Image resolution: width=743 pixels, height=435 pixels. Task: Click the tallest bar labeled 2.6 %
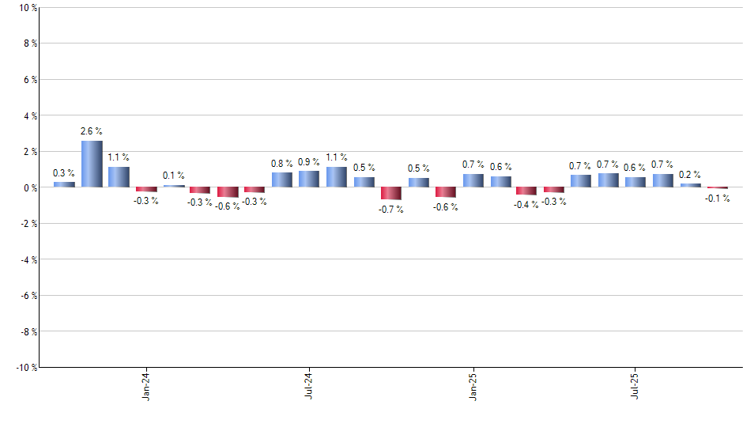click(x=92, y=164)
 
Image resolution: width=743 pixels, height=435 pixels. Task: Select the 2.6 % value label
click(x=92, y=131)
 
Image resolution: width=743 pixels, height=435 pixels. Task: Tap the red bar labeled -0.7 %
click(x=391, y=193)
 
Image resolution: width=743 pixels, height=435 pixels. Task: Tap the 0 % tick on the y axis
click(x=29, y=188)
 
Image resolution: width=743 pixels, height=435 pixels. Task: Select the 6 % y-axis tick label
click(x=29, y=80)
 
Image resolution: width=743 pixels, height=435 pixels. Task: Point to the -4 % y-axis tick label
click(x=28, y=260)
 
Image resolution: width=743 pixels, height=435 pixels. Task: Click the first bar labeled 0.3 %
click(x=64, y=184)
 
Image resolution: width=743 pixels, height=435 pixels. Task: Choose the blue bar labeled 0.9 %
click(x=309, y=179)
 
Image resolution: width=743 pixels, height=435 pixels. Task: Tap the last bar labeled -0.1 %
click(x=718, y=188)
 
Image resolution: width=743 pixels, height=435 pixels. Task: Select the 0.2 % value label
click(x=691, y=175)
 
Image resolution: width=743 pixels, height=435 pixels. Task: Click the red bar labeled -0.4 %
click(x=526, y=191)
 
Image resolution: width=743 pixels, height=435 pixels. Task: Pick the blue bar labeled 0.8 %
click(x=282, y=180)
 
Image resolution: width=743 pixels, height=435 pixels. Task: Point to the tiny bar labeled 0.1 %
click(x=174, y=186)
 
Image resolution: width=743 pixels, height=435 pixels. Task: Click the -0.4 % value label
click(x=526, y=204)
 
